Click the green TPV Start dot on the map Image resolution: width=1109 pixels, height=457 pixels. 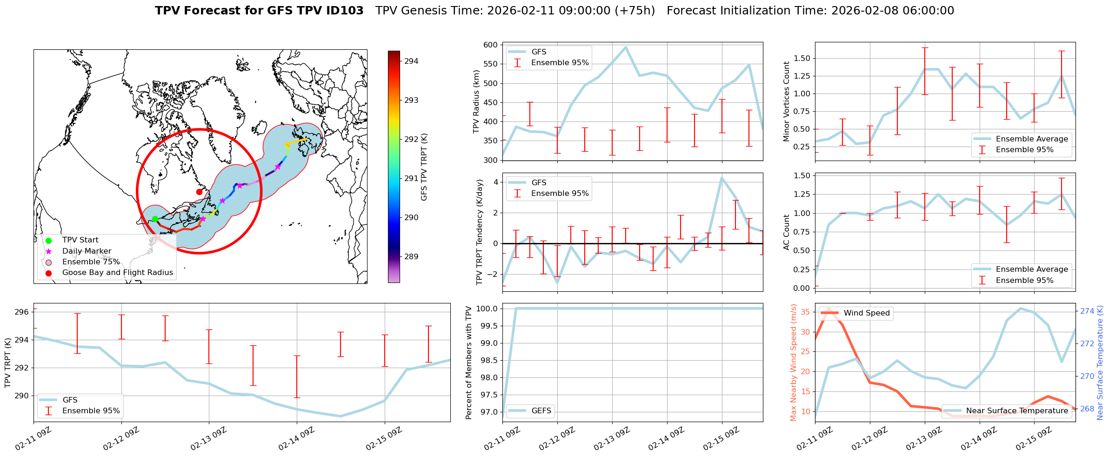click(155, 219)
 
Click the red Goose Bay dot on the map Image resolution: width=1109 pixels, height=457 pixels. click(199, 192)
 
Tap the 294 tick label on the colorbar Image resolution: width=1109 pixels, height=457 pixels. click(411, 61)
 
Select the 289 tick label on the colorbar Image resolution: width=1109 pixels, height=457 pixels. click(411, 256)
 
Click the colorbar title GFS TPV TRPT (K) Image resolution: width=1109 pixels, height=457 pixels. click(424, 167)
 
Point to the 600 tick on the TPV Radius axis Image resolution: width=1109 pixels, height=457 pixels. click(490, 45)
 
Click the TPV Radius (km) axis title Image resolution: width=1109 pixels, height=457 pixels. click(476, 101)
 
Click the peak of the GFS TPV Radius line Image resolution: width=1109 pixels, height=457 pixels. click(626, 47)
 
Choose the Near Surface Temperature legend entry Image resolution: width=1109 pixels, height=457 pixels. click(1017, 410)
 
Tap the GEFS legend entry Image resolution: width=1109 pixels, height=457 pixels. click(541, 410)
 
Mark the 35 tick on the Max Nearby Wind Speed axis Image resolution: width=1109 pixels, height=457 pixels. click(806, 312)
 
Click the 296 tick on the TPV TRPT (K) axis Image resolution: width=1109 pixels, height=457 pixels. click(21, 312)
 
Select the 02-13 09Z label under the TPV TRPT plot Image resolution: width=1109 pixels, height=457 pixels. click(209, 439)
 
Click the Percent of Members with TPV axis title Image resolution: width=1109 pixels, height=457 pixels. click(468, 363)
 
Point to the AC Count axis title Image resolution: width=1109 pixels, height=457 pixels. click(787, 232)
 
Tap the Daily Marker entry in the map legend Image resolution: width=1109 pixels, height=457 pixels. click(87, 251)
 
